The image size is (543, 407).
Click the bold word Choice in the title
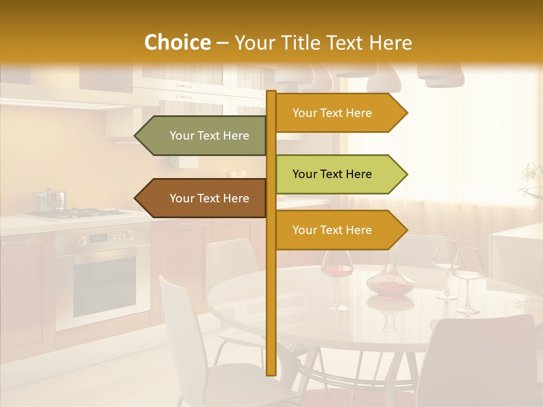click(x=177, y=43)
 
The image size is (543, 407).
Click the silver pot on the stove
click(x=50, y=200)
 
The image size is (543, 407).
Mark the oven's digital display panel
click(x=98, y=238)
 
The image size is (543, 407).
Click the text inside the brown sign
click(x=209, y=198)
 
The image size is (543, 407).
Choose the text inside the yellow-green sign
click(x=332, y=174)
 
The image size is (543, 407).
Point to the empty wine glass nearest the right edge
click(x=468, y=277)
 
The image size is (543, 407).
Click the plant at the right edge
click(x=532, y=181)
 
